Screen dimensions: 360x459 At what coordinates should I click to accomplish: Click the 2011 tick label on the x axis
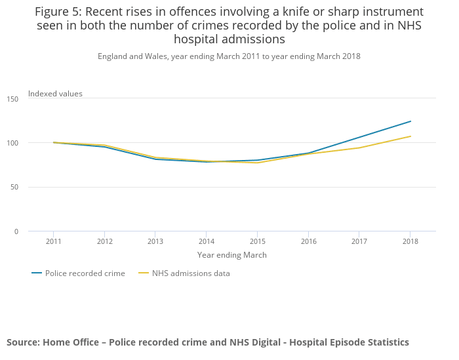[53, 241]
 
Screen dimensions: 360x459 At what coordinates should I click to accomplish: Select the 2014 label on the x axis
[206, 241]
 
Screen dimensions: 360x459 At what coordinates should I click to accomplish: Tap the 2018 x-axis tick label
[410, 241]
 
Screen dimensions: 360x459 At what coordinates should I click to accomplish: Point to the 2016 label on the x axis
[308, 241]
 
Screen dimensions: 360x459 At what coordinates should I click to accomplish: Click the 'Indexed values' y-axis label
[55, 94]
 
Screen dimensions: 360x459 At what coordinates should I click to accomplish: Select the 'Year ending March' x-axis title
[231, 255]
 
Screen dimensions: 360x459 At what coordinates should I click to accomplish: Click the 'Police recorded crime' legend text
[85, 273]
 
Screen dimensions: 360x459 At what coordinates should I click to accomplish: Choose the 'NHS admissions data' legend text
[191, 273]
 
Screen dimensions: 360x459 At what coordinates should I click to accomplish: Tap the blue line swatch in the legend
[37, 273]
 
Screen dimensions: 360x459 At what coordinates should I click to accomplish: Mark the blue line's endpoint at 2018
[410, 121]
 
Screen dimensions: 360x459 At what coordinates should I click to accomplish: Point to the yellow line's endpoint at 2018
[410, 136]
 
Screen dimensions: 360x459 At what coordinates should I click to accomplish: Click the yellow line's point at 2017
[359, 148]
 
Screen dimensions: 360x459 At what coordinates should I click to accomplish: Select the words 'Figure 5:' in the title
[58, 12]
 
